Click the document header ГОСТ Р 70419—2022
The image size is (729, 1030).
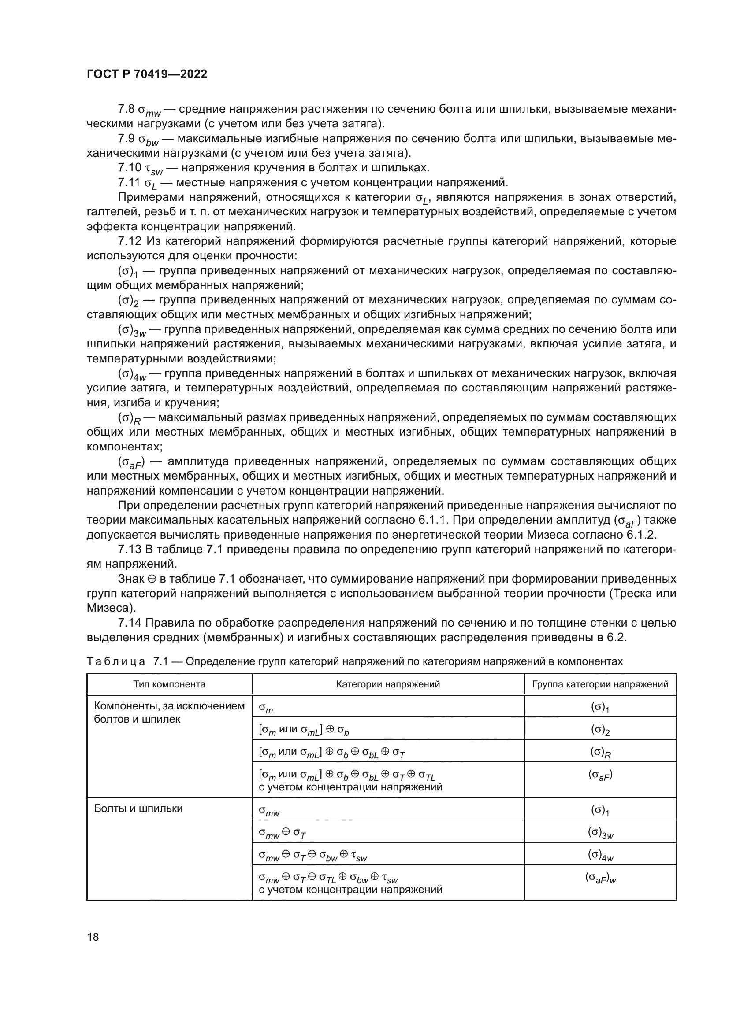147,74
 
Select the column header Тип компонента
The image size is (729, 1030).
169,684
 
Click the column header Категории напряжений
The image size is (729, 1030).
388,684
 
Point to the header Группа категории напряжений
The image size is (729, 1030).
600,684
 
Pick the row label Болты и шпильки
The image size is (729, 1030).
138,809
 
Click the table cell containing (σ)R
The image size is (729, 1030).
600,752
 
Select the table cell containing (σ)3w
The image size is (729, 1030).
600,833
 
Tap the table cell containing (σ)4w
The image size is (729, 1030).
600,855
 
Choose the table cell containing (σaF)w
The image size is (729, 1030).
600,879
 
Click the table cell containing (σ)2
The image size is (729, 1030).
600,730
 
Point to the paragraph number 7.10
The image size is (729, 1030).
129,168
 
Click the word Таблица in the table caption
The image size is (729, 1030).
116,662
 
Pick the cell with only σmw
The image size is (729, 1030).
269,811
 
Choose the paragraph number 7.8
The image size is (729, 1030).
126,109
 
